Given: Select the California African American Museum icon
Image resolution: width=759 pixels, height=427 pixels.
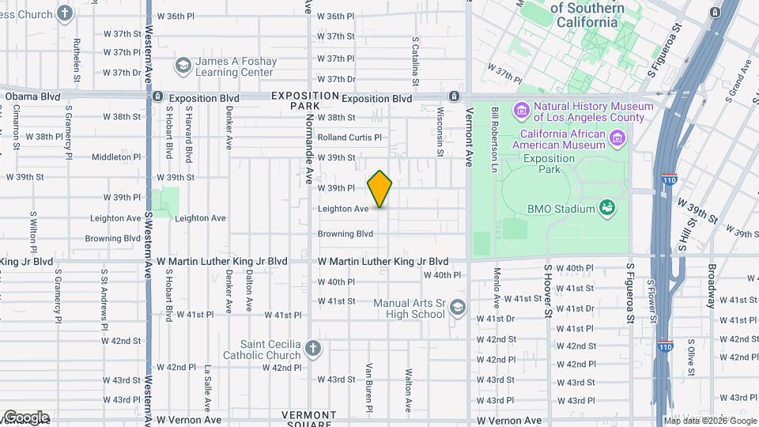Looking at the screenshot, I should [617, 138].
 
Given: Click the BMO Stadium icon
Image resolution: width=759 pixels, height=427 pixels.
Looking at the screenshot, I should [607, 209].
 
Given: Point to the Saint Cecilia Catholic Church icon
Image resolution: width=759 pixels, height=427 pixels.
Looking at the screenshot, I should [313, 349].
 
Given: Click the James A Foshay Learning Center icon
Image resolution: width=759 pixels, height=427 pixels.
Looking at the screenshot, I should [183, 65].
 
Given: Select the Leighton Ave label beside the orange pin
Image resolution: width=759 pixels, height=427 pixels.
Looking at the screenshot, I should [343, 209].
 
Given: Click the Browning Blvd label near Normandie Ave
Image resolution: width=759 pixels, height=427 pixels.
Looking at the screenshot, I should [345, 234].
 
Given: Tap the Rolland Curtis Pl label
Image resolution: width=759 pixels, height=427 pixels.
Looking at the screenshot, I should [349, 137].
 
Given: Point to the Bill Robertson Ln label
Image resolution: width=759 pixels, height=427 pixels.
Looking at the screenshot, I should [494, 130].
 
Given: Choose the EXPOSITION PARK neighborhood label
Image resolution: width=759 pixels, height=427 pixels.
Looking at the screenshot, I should [294, 100].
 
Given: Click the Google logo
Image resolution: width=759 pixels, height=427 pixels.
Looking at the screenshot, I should [26, 418].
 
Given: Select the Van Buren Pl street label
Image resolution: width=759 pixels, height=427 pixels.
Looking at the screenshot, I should [369, 387].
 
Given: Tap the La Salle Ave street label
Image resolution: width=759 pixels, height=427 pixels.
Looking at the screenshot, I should [207, 388].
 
